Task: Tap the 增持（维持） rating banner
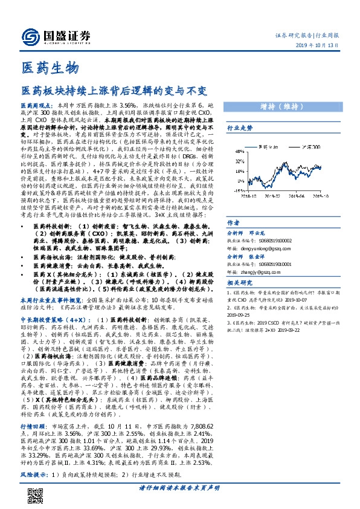click(x=285, y=106)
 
